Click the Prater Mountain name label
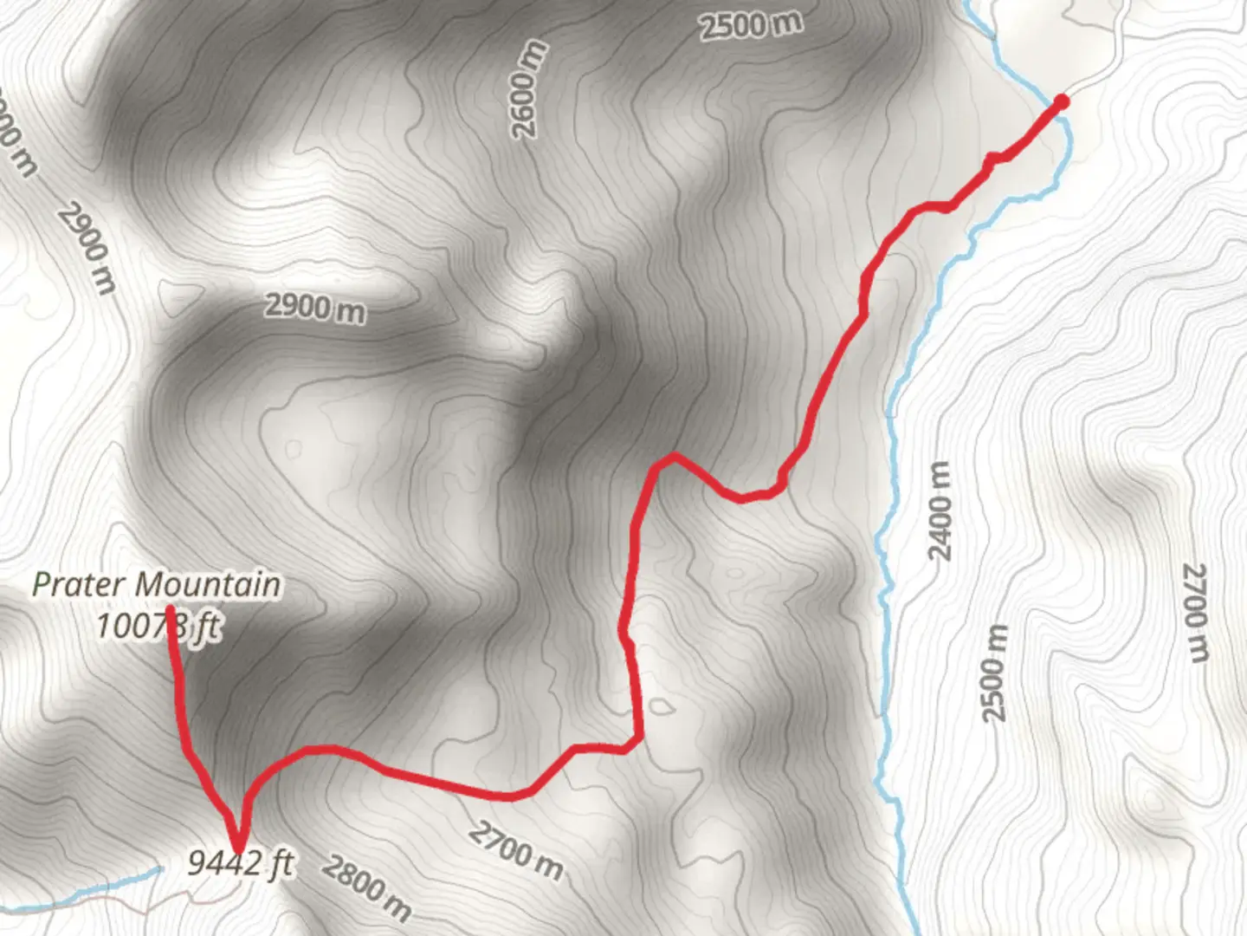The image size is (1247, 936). [157, 584]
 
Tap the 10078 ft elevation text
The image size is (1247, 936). [157, 626]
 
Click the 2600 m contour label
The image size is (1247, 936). [530, 89]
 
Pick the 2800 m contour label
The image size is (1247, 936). [367, 887]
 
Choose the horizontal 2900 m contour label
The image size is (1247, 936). [315, 308]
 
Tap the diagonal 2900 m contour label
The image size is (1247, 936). [87, 249]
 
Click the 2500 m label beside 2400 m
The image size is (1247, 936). [996, 673]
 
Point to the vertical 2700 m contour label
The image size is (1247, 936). [1195, 611]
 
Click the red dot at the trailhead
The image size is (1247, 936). [1061, 102]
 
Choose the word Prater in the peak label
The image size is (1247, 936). [77, 584]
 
